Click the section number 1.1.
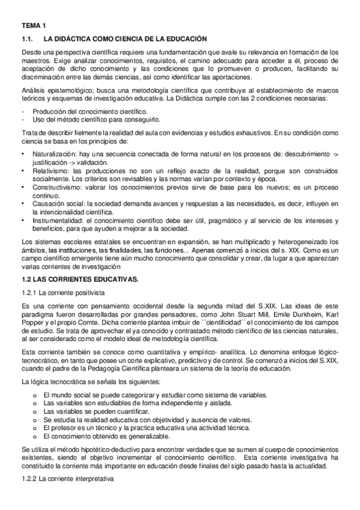tap(26, 38)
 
